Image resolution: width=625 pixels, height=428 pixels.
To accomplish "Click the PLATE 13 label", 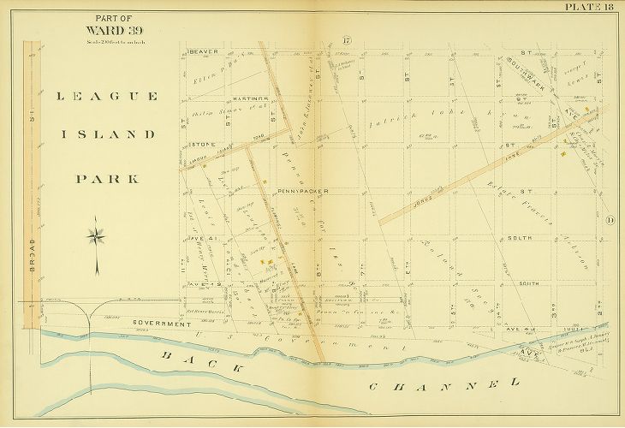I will coord(589,8).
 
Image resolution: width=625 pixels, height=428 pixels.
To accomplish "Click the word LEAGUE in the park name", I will coord(107,97).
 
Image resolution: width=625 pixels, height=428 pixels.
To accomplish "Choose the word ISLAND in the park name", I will coord(107,134).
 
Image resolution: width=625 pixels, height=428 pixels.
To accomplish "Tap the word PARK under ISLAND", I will coord(107,179).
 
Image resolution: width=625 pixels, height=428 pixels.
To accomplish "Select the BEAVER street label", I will coord(205,51).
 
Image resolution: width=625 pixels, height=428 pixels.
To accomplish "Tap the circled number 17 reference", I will coord(347,41).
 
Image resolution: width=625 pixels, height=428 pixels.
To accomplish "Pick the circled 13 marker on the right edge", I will coord(610,222).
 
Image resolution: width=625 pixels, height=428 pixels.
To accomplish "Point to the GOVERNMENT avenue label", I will coord(160,324).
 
